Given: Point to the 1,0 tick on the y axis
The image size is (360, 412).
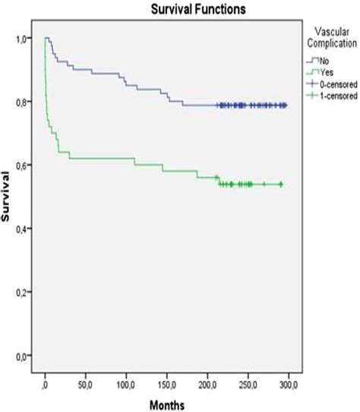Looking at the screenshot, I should coord(23,38).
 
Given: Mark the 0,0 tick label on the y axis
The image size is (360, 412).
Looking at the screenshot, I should coord(23,356).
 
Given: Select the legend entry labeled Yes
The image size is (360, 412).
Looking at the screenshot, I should coord(323,72).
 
